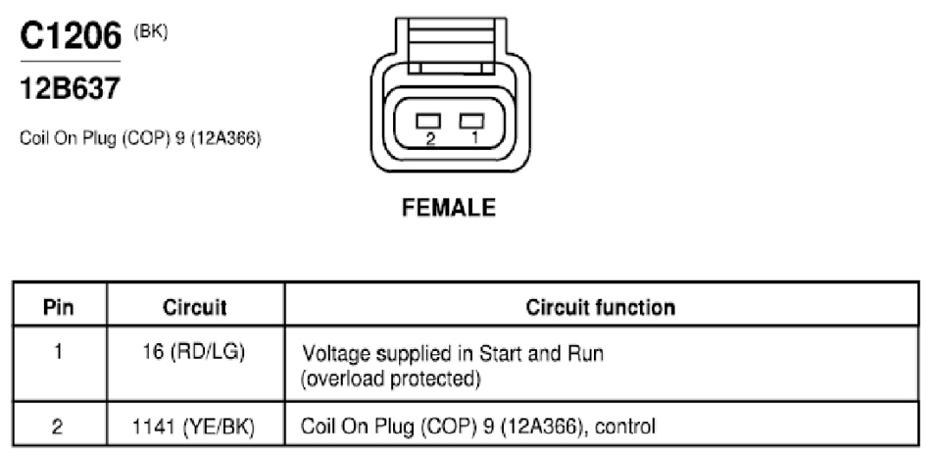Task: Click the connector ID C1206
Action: coord(71,36)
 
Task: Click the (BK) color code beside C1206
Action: coord(151,31)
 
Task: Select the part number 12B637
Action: coord(70,89)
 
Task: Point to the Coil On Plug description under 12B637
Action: coord(141,138)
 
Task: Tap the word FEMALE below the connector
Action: coord(449,208)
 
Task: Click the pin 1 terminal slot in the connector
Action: coord(471,121)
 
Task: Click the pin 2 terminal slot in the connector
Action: coord(428,121)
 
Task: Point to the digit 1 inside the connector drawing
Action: coord(474,138)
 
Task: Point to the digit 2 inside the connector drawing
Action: coord(431,139)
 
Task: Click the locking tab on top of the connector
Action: coord(450,45)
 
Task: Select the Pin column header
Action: coord(59,308)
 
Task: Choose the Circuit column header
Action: coord(195,308)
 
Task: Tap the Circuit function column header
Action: coord(601,307)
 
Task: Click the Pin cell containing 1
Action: coord(58,353)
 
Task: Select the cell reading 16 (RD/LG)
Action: coord(195,353)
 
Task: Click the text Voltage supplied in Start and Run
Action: coord(453,354)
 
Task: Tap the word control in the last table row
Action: coord(625,427)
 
